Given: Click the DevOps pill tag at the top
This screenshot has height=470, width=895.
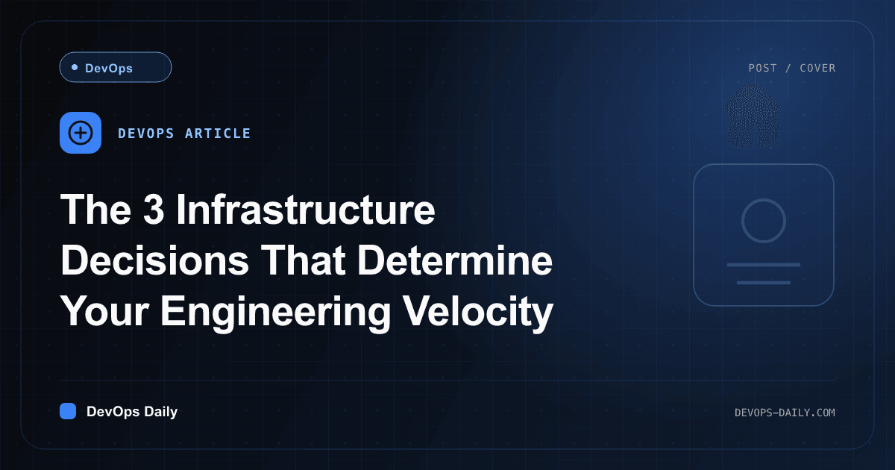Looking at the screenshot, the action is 116,67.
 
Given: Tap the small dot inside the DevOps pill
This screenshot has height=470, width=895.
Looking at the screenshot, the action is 75,67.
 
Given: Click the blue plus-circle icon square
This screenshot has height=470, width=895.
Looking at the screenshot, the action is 81,133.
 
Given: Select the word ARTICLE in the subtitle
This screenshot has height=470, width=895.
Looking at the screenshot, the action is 218,134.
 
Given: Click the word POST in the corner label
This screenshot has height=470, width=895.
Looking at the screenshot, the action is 762,68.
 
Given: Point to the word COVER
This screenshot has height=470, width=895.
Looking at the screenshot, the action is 817,68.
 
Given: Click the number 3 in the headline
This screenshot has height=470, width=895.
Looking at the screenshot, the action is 154,209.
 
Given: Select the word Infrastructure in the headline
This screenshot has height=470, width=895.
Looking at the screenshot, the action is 306,209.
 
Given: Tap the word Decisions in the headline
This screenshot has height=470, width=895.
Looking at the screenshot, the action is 155,260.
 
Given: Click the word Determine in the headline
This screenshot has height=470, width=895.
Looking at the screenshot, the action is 455,260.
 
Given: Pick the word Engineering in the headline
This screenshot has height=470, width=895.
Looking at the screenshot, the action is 276,312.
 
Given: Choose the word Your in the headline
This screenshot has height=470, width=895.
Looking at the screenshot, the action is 104,311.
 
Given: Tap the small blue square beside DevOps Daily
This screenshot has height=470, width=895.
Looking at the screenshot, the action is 68,411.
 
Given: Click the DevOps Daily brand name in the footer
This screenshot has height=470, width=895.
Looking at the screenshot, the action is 132,412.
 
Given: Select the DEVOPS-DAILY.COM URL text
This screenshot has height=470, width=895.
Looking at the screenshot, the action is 785,413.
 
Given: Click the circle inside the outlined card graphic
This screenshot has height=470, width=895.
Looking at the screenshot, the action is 764,202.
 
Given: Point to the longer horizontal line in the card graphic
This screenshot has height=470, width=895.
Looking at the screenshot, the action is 764,265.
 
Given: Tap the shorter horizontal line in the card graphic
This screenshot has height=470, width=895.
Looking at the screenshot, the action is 764,283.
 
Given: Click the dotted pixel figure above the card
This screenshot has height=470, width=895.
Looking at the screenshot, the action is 754,116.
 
